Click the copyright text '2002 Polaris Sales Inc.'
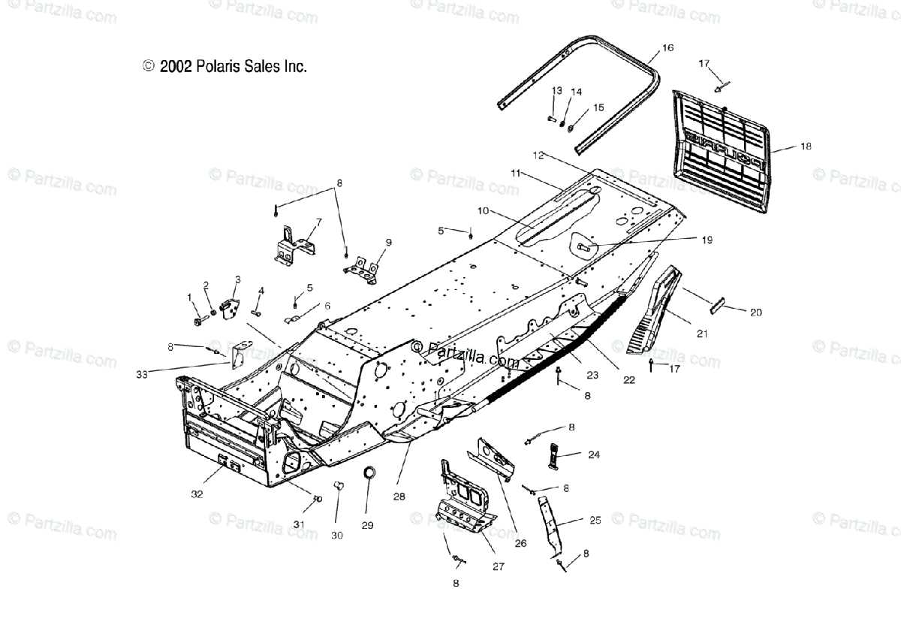(x=224, y=66)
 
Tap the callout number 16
(x=667, y=47)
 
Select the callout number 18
(x=806, y=146)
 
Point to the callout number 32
(x=197, y=494)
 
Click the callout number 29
(x=367, y=525)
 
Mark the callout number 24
(x=593, y=454)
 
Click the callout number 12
(x=537, y=155)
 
